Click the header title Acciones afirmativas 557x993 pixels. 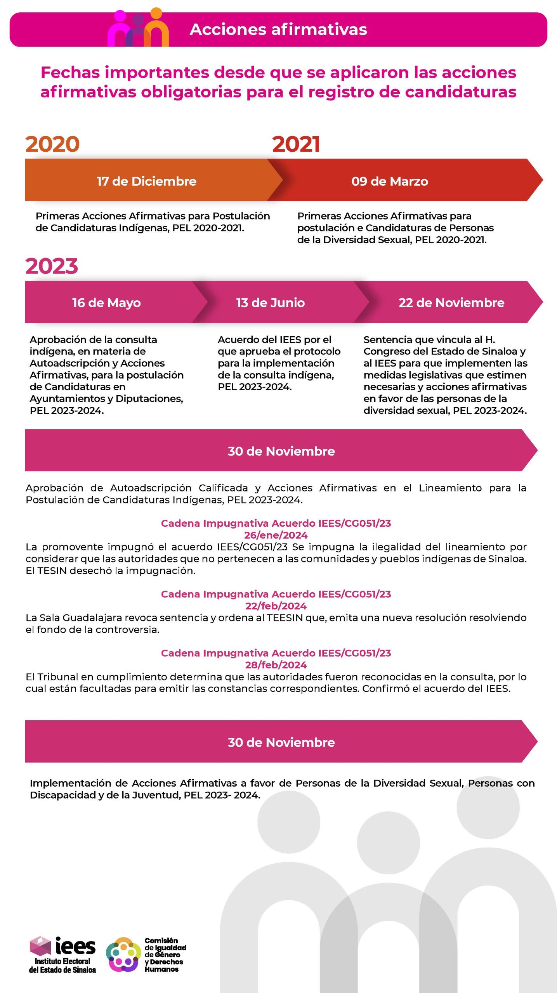pos(278,29)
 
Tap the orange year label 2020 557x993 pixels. pos(52,144)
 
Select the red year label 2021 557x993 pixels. pos(296,144)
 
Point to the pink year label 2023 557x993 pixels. pos(52,266)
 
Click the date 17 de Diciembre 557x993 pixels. pos(146,181)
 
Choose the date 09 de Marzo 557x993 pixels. pos(390,181)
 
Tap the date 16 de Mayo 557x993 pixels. pos(106,303)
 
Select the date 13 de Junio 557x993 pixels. pos(271,303)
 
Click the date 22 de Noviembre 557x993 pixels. pos(451,303)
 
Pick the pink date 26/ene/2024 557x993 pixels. pos(276,535)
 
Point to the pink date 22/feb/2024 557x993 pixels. pos(276,606)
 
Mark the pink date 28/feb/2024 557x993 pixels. pos(276,665)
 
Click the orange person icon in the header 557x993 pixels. pos(156,27)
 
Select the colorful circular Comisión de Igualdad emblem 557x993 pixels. pos(123,955)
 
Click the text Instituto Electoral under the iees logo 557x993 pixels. pos(62,961)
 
